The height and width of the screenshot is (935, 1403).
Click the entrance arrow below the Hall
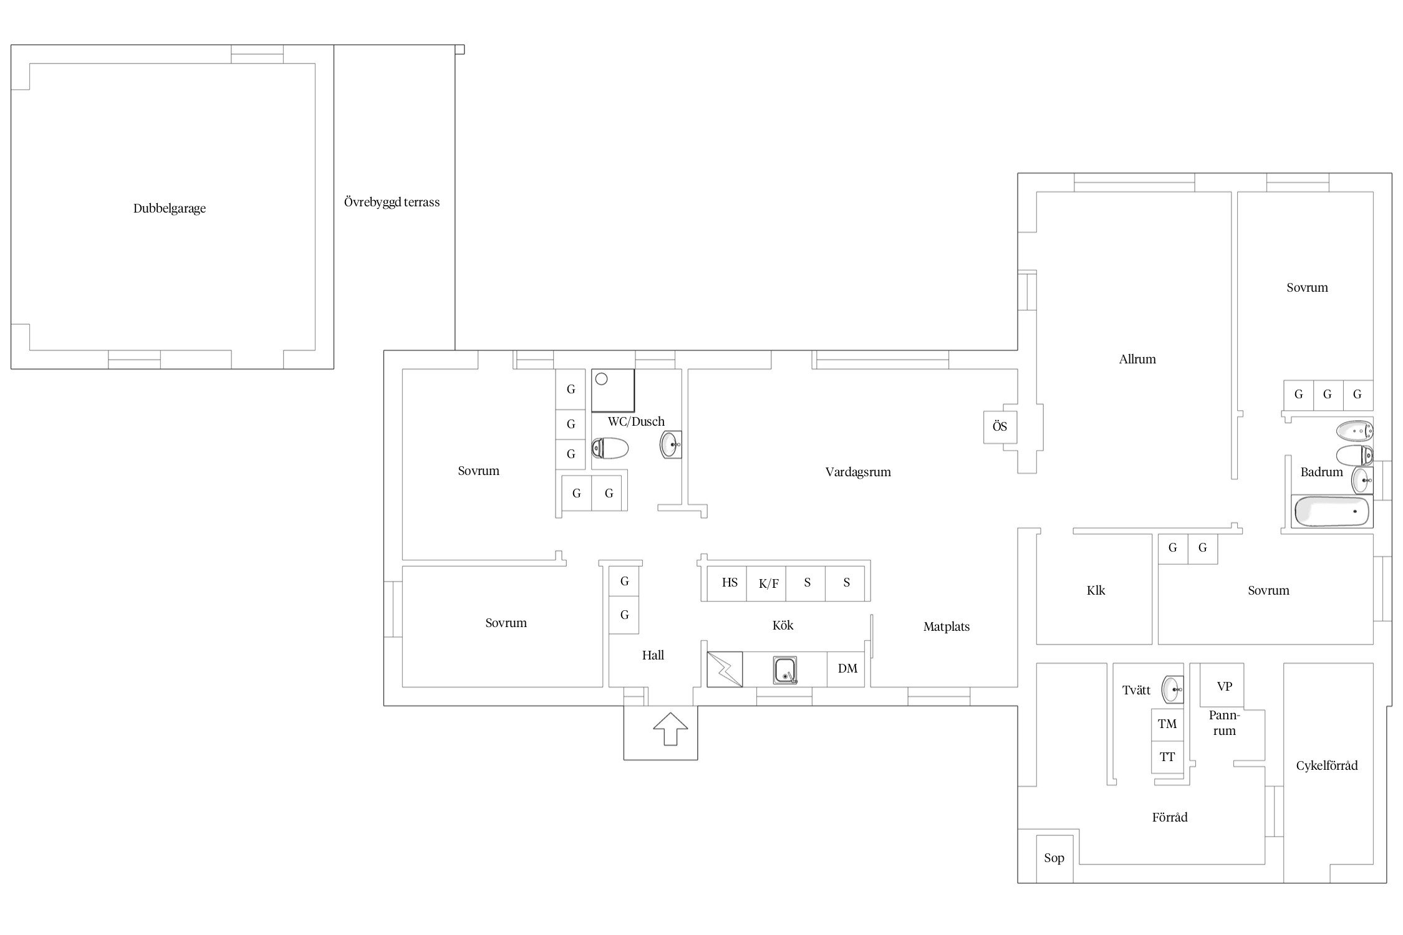[x=670, y=729]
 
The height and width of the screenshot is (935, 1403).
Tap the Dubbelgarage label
[x=170, y=209]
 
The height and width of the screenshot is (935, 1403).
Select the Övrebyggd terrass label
[x=392, y=202]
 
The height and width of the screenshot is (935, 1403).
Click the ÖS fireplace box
[x=1000, y=427]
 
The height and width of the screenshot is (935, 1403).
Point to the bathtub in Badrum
[x=1331, y=512]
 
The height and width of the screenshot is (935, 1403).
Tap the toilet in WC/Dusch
[x=609, y=448]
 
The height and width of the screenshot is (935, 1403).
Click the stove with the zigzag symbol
[x=725, y=669]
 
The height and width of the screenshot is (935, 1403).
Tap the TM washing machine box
[x=1167, y=724]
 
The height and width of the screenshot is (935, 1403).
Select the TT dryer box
[x=1167, y=757]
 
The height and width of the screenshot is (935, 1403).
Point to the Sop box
[x=1054, y=859]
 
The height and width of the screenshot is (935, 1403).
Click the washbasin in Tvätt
[x=1172, y=690]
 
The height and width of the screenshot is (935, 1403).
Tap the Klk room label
[x=1096, y=591]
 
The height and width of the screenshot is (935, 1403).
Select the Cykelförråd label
[x=1326, y=766]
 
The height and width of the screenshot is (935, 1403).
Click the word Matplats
[x=947, y=627]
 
